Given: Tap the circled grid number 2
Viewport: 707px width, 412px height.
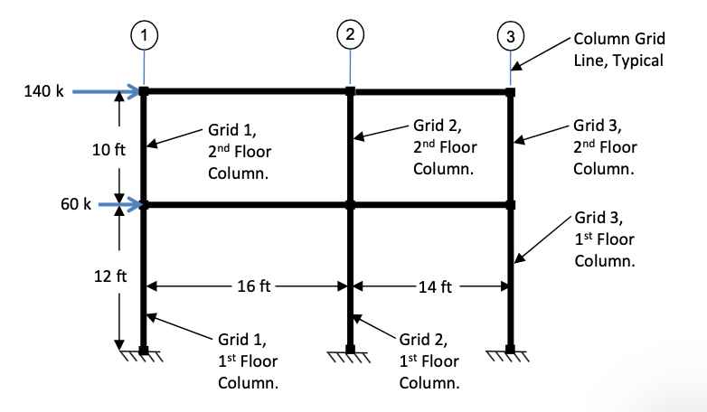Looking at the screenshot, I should (350, 35).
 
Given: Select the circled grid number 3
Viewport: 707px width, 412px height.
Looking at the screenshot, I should (511, 37).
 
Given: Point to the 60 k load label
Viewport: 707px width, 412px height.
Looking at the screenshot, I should (72, 205).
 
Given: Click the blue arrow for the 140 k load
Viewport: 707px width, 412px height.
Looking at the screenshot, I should (107, 91).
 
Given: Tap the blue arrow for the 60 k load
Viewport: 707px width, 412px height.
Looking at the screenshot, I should (120, 205).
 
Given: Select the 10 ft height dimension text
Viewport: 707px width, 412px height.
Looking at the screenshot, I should (108, 149).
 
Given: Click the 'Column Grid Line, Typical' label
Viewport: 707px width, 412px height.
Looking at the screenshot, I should (619, 50).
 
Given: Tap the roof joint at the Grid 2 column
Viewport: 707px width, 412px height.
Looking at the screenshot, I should (350, 91).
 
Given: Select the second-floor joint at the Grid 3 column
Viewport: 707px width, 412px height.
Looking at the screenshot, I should (510, 205).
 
